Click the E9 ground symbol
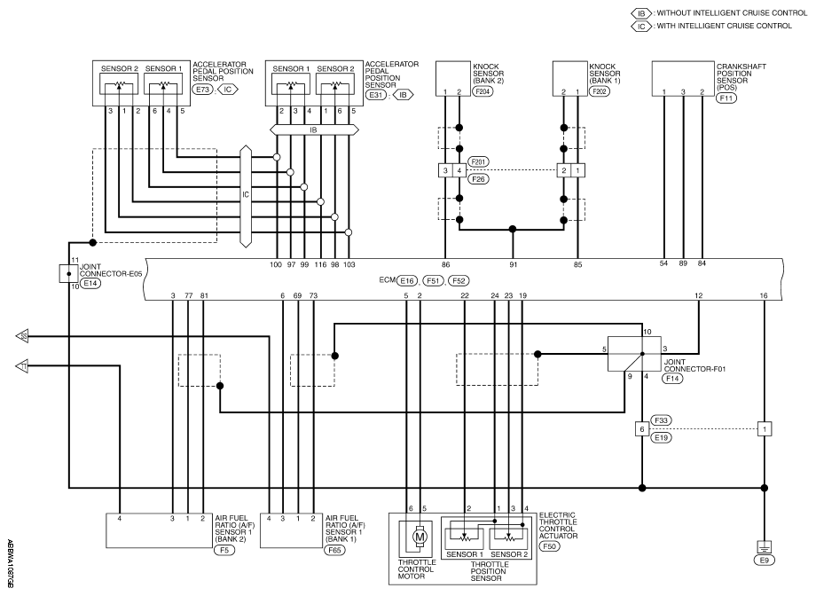[x=764, y=547]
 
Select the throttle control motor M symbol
[x=419, y=537]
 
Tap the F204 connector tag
[x=483, y=91]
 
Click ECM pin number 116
[x=320, y=264]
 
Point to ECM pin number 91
[x=514, y=264]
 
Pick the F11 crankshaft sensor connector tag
[x=726, y=98]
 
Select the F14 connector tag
[x=672, y=379]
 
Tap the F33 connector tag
[x=662, y=420]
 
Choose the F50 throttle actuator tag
[x=550, y=546]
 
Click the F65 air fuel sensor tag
[x=335, y=549]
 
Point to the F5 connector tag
[x=224, y=549]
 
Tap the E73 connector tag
[x=202, y=90]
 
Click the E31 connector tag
[x=376, y=95]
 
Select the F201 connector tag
[x=478, y=162]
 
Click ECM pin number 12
[x=698, y=295]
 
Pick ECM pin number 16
[x=764, y=295]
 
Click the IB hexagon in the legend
[x=641, y=13]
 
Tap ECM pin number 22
[x=465, y=295]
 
